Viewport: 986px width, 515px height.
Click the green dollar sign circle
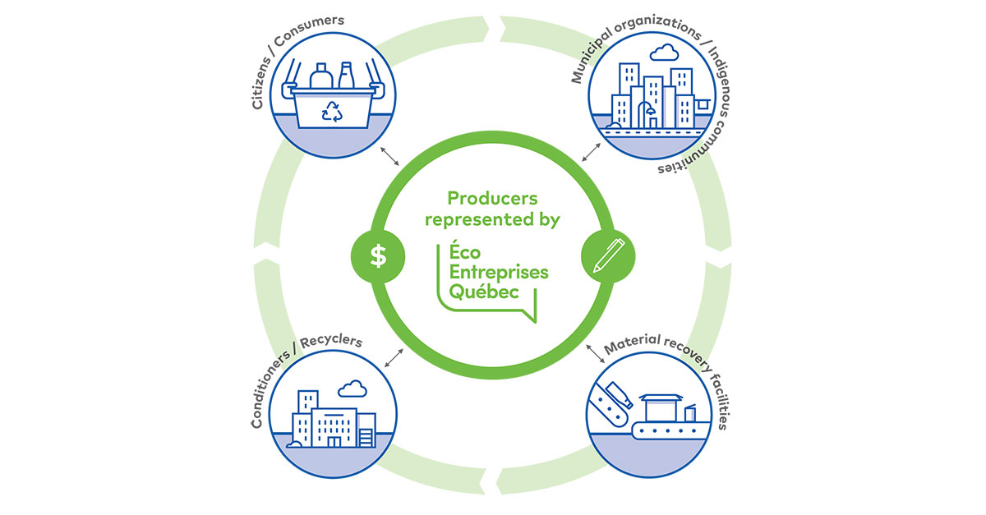(378, 256)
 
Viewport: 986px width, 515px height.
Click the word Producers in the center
(492, 198)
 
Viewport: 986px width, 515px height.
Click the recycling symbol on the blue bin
(333, 111)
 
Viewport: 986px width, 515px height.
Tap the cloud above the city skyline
(662, 55)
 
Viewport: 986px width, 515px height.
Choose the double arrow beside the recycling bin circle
(389, 157)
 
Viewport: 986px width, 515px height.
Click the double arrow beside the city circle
(591, 152)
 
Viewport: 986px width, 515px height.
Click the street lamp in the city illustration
(649, 112)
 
